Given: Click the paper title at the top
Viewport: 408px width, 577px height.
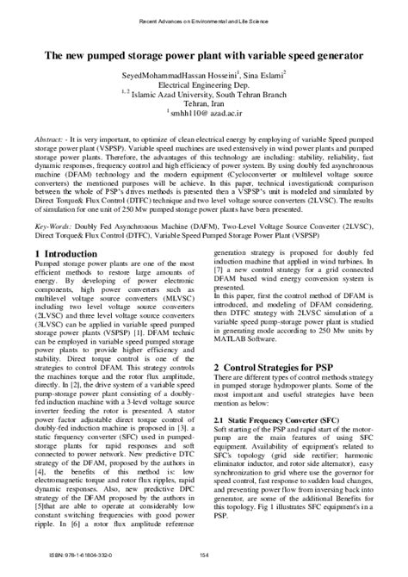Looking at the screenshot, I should point(204,53).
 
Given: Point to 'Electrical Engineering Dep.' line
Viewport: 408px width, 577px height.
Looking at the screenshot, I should point(204,87).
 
